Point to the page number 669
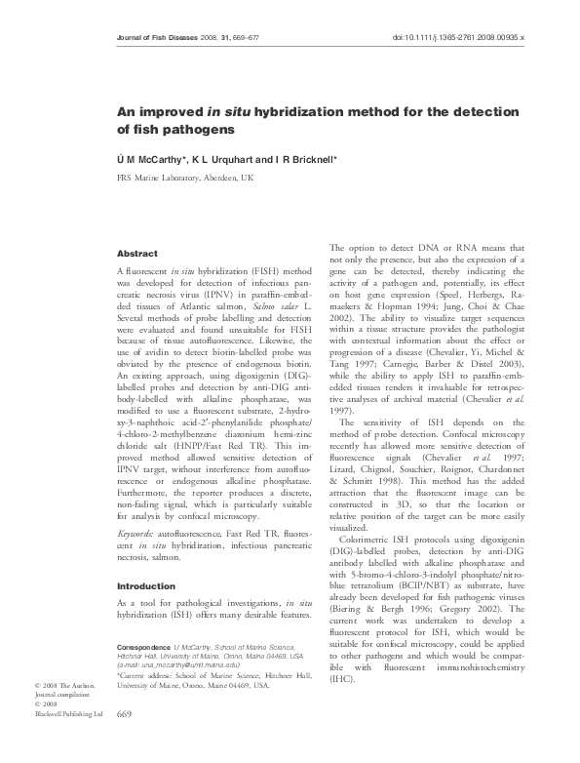(x=124, y=743)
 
